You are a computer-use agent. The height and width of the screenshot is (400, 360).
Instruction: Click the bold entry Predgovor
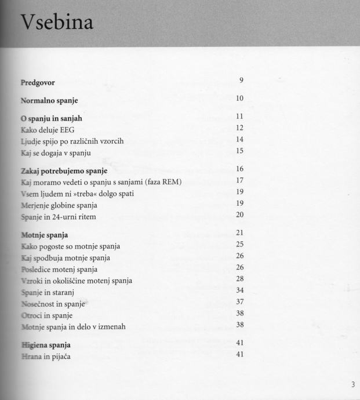tap(38, 82)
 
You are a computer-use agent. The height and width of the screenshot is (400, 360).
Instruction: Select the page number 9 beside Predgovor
tap(240, 79)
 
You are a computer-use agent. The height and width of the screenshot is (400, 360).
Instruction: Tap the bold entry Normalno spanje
tap(49, 100)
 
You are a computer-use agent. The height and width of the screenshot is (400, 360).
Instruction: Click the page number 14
tap(239, 139)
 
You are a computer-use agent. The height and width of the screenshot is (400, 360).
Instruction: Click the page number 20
tap(239, 214)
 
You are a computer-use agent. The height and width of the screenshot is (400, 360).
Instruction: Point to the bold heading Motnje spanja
tap(45, 235)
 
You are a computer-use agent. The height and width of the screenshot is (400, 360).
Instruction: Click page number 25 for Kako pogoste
tap(239, 244)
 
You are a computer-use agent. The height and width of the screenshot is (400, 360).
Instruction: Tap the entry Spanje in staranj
tap(50, 292)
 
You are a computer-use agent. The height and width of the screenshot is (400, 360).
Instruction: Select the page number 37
tap(239, 301)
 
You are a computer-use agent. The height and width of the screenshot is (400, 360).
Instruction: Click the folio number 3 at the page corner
tap(352, 384)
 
